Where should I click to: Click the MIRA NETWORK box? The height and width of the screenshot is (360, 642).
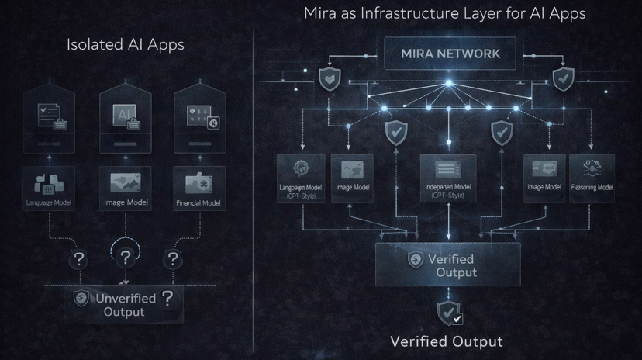pyautogui.click(x=450, y=54)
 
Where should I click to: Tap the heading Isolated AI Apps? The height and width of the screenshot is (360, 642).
pyautogui.click(x=126, y=44)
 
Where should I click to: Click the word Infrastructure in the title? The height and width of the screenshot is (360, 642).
pyautogui.click(x=411, y=13)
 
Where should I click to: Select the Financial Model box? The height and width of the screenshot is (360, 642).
pyautogui.click(x=199, y=189)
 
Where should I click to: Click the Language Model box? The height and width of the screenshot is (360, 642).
pyautogui.click(x=50, y=189)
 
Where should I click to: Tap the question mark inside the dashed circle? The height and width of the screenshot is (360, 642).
pyautogui.click(x=126, y=254)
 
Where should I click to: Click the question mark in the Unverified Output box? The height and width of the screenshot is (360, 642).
pyautogui.click(x=167, y=299)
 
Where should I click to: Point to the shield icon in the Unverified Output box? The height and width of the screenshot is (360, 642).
pyautogui.click(x=81, y=299)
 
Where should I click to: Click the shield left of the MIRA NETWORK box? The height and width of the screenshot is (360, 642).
pyautogui.click(x=330, y=78)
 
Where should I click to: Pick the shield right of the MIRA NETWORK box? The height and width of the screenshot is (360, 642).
pyautogui.click(x=562, y=78)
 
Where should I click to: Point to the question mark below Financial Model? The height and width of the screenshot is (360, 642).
pyautogui.click(x=173, y=259)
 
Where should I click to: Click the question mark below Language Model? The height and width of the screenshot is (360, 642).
pyautogui.click(x=79, y=259)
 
